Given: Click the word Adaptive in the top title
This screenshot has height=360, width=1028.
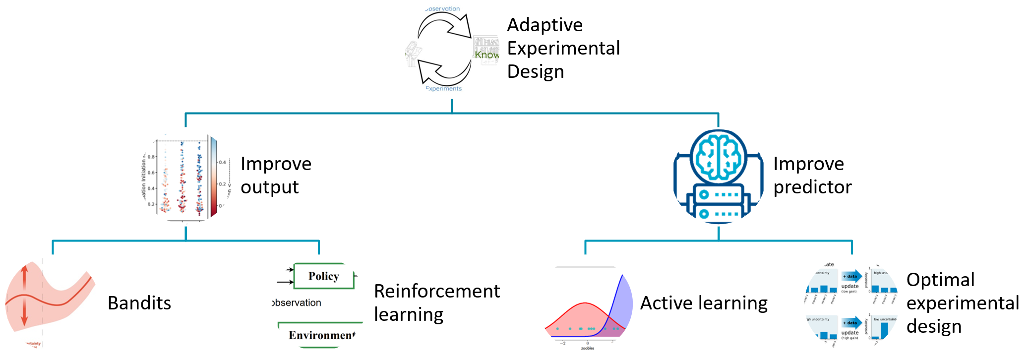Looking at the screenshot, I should [x=544, y=25].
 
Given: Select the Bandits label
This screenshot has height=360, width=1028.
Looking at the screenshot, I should [x=139, y=303].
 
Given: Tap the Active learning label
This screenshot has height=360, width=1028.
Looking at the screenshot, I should [x=704, y=303].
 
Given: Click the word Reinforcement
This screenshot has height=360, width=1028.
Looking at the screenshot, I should [x=436, y=291].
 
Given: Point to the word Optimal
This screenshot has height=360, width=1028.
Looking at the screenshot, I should [x=940, y=280].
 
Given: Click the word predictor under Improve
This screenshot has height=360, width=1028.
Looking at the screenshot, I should [x=812, y=187].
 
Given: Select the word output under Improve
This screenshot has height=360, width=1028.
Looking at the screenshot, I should [x=269, y=187].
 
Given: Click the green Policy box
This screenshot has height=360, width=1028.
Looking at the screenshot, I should [x=324, y=276].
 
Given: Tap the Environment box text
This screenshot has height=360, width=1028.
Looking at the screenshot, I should [x=322, y=335].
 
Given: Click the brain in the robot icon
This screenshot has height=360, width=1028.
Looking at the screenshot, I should [x=719, y=158].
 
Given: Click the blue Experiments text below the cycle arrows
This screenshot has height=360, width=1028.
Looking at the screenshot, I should [x=443, y=89].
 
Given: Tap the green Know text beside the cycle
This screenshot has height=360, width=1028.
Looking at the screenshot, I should [x=486, y=55].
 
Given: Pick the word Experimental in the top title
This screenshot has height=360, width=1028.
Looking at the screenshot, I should [x=563, y=48].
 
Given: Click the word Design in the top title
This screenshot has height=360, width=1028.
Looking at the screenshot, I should [x=536, y=71].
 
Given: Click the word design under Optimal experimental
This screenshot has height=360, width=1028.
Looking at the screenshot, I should [x=934, y=326].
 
